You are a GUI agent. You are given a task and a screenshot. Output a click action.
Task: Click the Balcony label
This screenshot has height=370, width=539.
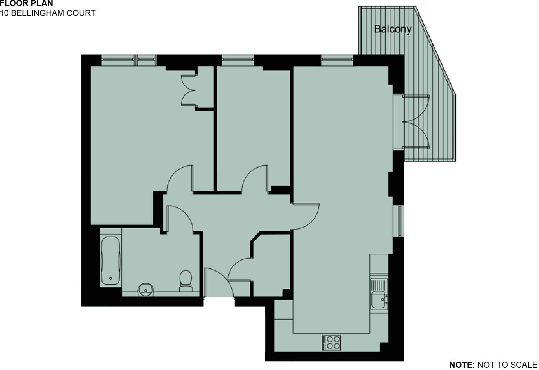click(x=393, y=29)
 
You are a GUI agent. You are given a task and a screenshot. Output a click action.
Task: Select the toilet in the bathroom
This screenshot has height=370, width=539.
click(x=186, y=281)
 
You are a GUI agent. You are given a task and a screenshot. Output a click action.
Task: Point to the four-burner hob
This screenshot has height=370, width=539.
click(x=332, y=343)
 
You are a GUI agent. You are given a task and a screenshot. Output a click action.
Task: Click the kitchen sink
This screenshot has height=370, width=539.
click(x=379, y=294)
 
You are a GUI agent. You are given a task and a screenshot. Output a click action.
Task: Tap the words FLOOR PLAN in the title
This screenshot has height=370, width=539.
click(x=26, y=4)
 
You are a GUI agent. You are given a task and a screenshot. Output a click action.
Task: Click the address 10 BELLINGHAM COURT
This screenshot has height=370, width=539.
click(x=48, y=13)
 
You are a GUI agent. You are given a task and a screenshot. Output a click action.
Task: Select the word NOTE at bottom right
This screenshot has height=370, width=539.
click(x=462, y=365)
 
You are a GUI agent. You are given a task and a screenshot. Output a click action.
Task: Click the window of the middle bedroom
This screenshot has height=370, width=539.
click(x=238, y=60)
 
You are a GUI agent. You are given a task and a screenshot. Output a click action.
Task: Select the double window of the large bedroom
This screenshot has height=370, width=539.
click(x=128, y=60)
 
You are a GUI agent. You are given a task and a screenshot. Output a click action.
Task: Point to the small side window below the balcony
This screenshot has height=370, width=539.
click(x=400, y=221)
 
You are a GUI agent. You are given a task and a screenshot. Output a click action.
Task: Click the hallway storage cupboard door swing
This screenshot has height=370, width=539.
click(x=240, y=269)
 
